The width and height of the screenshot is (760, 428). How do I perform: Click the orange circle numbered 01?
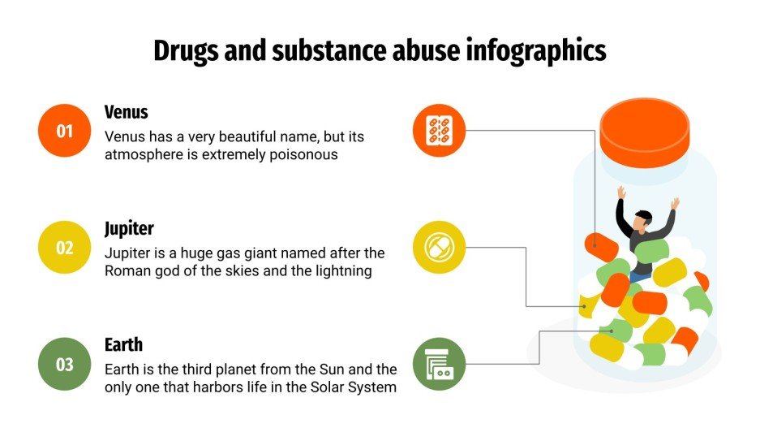(65, 131)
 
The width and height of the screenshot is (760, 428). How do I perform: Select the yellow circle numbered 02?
(65, 248)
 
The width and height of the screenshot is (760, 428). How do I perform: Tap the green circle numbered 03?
(65, 365)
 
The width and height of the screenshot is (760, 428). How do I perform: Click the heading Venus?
(127, 112)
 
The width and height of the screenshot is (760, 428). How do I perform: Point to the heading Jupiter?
(129, 228)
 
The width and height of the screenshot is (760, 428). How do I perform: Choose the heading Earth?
(123, 345)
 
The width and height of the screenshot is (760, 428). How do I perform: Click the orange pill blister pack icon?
(439, 131)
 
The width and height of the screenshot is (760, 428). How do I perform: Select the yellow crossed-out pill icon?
(439, 248)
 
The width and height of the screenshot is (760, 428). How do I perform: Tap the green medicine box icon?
(439, 365)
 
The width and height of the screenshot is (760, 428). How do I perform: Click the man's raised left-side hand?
(621, 193)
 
